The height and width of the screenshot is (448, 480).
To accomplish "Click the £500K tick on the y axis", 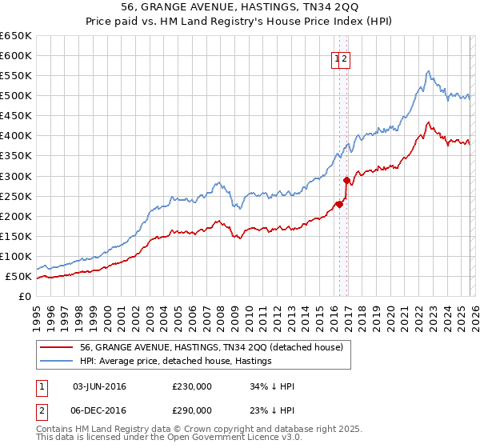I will click(16, 96).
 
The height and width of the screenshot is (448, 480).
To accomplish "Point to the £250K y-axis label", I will click(16, 196).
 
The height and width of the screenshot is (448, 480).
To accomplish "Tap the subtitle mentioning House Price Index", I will click(240, 22).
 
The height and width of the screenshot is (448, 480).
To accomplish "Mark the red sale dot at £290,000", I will click(346, 180).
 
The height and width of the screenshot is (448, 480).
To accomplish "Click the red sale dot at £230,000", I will click(339, 204).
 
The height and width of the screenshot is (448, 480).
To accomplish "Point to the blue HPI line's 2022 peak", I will click(429, 71).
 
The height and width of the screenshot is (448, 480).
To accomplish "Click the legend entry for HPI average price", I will click(175, 362).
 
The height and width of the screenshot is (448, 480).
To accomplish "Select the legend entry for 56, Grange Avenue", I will click(211, 347).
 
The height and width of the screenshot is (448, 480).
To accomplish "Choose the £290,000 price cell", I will click(191, 410).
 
